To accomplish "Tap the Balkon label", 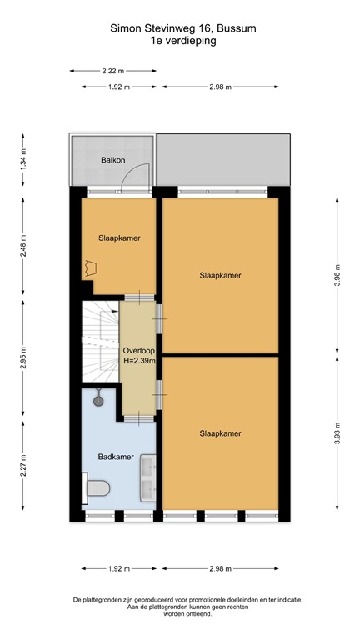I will [113, 159].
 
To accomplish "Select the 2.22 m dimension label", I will [113, 72].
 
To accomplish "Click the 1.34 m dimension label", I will [24, 157].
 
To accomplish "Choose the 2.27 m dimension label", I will [24, 463].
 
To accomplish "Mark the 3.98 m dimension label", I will [337, 274].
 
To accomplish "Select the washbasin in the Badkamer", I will [148, 478].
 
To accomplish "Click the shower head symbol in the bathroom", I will [99, 399].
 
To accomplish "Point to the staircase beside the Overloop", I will [99, 342].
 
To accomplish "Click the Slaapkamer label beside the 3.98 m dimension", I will [220, 275].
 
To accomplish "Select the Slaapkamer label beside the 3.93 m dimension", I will [220, 433].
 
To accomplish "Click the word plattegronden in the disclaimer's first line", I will [105, 599].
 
